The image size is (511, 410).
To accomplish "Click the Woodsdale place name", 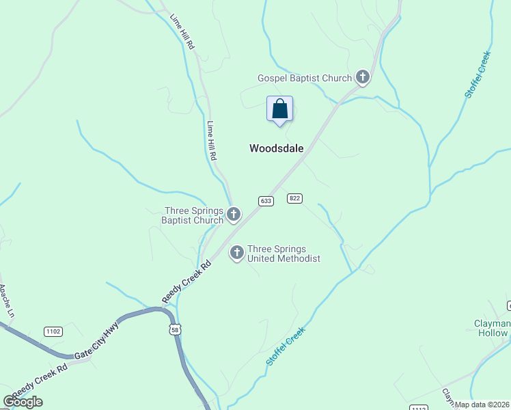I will coord(276,148).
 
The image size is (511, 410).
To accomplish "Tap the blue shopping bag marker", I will coord(279,109).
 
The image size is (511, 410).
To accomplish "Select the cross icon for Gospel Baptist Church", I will coord(363,78).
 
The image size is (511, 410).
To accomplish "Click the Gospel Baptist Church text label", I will coord(304,79).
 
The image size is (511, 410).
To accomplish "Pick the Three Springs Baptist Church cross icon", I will coord(234,215).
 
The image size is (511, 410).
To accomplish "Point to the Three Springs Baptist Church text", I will coord(193,215).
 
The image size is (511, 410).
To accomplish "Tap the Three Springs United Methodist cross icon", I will coord(237,254).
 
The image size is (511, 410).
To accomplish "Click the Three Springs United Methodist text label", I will coord(284,254).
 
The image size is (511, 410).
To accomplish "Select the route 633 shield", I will coord(266,201).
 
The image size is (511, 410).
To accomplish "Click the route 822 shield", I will coord(294,198).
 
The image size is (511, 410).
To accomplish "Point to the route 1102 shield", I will coord(53,331).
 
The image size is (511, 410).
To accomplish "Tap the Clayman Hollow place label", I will coord(492,328).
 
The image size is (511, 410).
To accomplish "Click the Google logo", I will coord(23,402).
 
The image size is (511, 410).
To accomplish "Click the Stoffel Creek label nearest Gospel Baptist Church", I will coord(478,74).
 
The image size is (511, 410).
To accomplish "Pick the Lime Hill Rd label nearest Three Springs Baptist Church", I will coord(212,141).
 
